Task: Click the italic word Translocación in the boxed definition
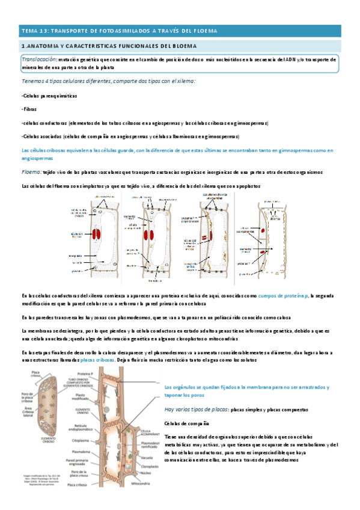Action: (x=39, y=60)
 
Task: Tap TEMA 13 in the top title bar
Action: (x=34, y=30)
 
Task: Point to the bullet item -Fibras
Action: (x=29, y=109)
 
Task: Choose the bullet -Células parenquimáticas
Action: (x=47, y=96)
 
